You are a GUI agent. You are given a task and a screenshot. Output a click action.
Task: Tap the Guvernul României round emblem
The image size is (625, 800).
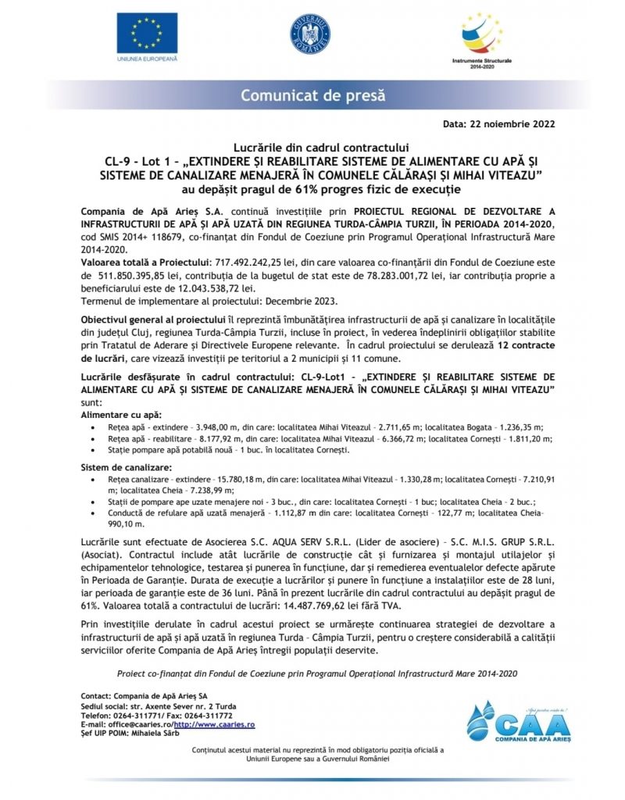coord(310,35)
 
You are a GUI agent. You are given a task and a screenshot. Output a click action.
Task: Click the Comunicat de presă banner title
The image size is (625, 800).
coord(312,96)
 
